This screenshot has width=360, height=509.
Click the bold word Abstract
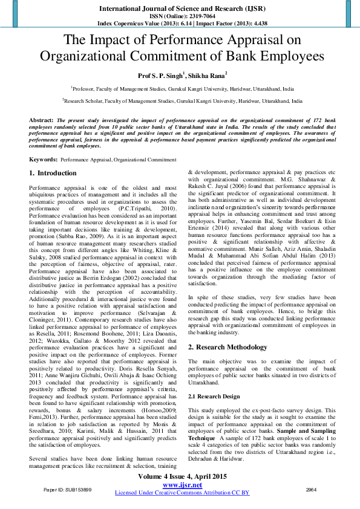pos(41,121)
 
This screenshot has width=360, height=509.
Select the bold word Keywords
pos(43,159)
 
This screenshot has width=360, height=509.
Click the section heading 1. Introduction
pos(53,173)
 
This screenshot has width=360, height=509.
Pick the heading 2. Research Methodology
pos(227,347)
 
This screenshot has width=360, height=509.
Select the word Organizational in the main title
pos(94,56)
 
